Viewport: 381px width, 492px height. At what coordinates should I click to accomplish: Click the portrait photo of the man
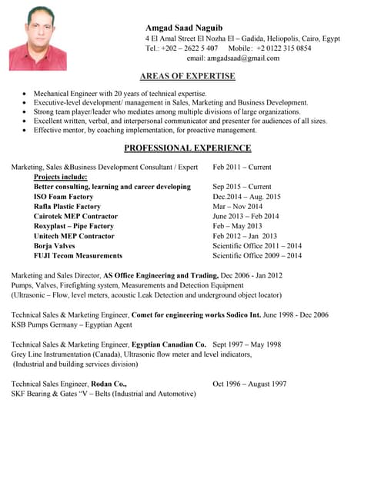click(38, 38)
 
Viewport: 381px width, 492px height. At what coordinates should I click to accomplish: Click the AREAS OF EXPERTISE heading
click(187, 76)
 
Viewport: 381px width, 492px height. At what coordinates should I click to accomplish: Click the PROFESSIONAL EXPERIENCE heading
click(187, 148)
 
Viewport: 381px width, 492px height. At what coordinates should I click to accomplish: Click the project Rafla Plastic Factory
click(67, 207)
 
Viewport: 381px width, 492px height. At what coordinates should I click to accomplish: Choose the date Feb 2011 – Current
click(242, 167)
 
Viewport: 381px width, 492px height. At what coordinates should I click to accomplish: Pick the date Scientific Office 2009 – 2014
click(257, 256)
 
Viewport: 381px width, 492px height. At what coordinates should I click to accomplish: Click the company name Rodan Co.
click(109, 384)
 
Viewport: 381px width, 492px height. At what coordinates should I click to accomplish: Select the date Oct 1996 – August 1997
click(249, 384)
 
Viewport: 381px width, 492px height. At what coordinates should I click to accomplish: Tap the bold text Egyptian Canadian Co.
click(169, 344)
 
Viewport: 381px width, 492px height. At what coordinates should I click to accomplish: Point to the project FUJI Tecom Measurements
click(78, 256)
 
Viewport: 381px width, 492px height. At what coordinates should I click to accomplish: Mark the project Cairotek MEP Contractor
click(75, 217)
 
